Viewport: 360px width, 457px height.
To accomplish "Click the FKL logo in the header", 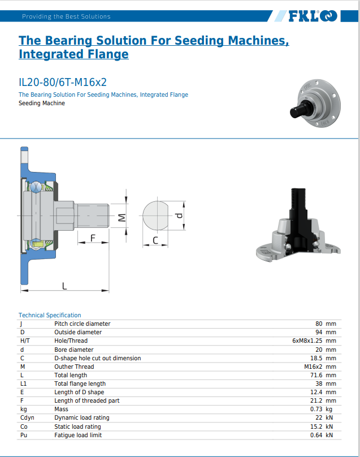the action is click(313, 16).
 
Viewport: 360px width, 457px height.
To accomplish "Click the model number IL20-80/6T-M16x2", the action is click(63, 83).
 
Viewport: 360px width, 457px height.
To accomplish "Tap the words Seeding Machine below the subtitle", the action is click(42, 103).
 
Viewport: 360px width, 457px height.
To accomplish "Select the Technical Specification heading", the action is click(50, 315).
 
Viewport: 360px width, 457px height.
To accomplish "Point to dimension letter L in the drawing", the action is click(64, 286).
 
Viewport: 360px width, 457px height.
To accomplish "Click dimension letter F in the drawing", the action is click(93, 238).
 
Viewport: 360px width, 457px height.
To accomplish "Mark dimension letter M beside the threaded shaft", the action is click(122, 217).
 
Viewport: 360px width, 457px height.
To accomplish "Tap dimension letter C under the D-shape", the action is click(155, 240).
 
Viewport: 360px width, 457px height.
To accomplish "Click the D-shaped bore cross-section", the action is click(155, 215).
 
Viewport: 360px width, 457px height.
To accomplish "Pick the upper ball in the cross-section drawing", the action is click(36, 187).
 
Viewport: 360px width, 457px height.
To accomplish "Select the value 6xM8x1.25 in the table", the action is click(307, 340).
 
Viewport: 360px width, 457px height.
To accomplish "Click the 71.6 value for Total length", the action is click(316, 375).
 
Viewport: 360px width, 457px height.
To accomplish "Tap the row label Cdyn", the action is click(27, 417).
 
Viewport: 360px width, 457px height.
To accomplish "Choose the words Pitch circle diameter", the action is click(83, 324).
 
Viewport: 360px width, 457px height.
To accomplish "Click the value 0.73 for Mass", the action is click(316, 409).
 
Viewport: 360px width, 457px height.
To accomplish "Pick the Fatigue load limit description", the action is click(78, 435).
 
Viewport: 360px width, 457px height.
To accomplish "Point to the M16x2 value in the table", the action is click(313, 367).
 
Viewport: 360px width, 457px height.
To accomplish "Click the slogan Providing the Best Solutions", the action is click(67, 16).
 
